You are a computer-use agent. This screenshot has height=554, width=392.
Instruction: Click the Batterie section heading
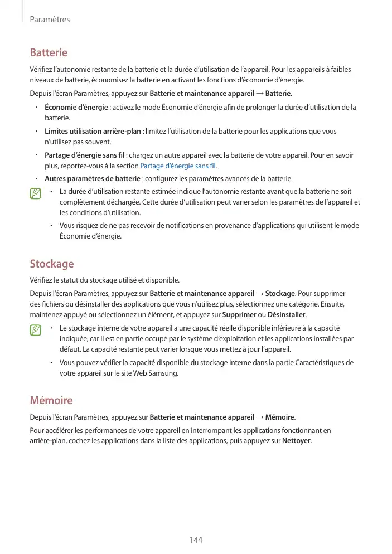tap(49, 53)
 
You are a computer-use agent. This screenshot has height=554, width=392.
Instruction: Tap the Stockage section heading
tap(51, 264)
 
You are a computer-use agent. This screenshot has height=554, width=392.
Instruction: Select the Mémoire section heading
tap(51, 400)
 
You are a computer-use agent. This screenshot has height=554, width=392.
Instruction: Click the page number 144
tap(196, 540)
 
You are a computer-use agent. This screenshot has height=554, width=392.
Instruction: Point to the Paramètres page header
tap(50, 20)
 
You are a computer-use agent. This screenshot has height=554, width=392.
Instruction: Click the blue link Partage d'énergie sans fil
tap(178, 166)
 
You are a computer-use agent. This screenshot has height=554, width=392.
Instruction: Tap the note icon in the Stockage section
tap(36, 331)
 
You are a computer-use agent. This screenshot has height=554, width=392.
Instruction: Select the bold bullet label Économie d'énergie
tap(76, 107)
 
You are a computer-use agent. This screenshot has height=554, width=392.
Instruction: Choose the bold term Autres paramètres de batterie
tap(93, 178)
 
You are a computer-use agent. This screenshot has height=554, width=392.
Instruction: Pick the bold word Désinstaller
tap(287, 314)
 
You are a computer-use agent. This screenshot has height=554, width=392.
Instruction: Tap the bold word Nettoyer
tap(297, 441)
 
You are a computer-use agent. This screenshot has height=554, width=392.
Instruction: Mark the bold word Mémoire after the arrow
tap(280, 417)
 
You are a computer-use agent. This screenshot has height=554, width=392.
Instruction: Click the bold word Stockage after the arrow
tap(280, 293)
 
